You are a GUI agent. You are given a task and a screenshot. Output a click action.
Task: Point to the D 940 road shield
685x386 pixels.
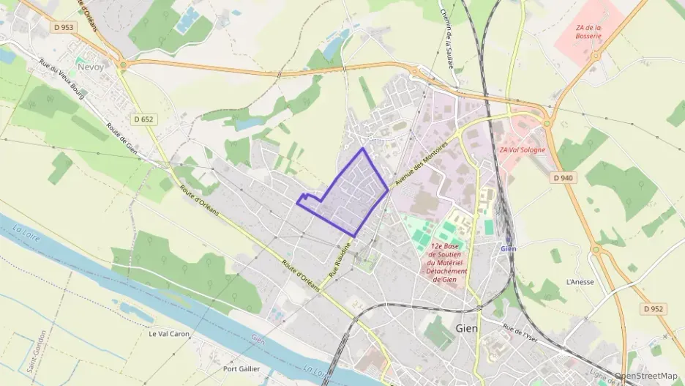(x=564, y=177)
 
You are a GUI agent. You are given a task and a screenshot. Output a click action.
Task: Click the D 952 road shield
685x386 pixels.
(x=654, y=308)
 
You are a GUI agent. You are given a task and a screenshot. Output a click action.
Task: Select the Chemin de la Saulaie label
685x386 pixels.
(x=449, y=41)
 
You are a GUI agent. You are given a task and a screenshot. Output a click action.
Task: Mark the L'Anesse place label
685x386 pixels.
(x=580, y=282)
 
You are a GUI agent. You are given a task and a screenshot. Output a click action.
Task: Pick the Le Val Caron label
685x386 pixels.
(x=168, y=334)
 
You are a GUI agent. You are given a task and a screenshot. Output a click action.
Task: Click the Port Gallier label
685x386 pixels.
(x=241, y=368)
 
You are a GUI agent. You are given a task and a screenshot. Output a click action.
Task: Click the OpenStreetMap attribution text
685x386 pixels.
(x=645, y=376)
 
